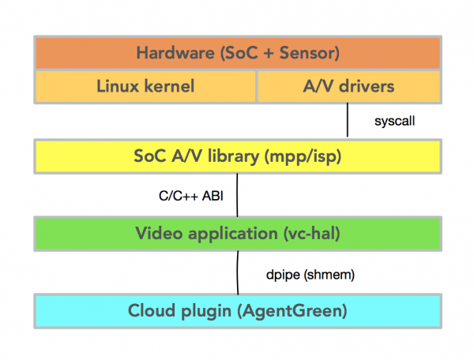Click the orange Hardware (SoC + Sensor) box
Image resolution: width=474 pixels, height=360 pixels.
point(237,54)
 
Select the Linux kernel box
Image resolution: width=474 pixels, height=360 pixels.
point(145,86)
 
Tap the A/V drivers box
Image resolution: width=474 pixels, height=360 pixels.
point(348,86)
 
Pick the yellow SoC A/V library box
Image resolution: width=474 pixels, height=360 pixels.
point(237,156)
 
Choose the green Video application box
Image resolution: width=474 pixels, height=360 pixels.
point(237,233)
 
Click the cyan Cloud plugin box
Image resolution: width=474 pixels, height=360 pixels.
point(237,310)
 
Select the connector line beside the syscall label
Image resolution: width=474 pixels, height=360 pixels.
point(348,121)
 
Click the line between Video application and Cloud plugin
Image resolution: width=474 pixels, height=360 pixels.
point(237,272)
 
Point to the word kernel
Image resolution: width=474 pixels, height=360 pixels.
point(169,86)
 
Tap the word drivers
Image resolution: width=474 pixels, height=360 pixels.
point(363,86)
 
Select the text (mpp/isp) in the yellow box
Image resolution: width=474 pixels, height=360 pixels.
point(313,156)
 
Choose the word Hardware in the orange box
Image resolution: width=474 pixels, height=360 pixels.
point(171,54)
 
